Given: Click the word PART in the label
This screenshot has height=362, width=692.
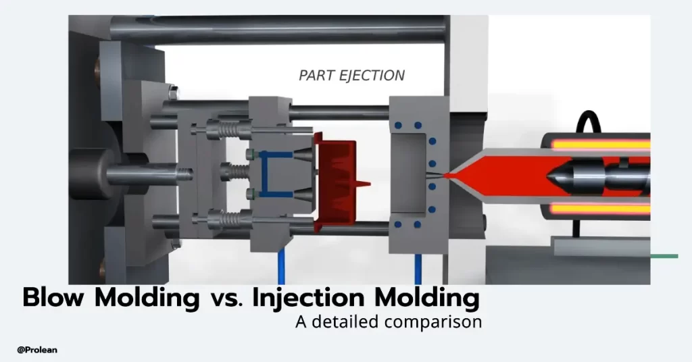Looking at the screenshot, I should (x=316, y=75).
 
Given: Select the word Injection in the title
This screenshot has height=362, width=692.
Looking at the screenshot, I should (x=308, y=297).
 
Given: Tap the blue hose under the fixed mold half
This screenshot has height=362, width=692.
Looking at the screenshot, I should (x=417, y=267).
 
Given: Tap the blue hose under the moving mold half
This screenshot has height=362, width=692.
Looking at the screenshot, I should (x=280, y=267).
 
